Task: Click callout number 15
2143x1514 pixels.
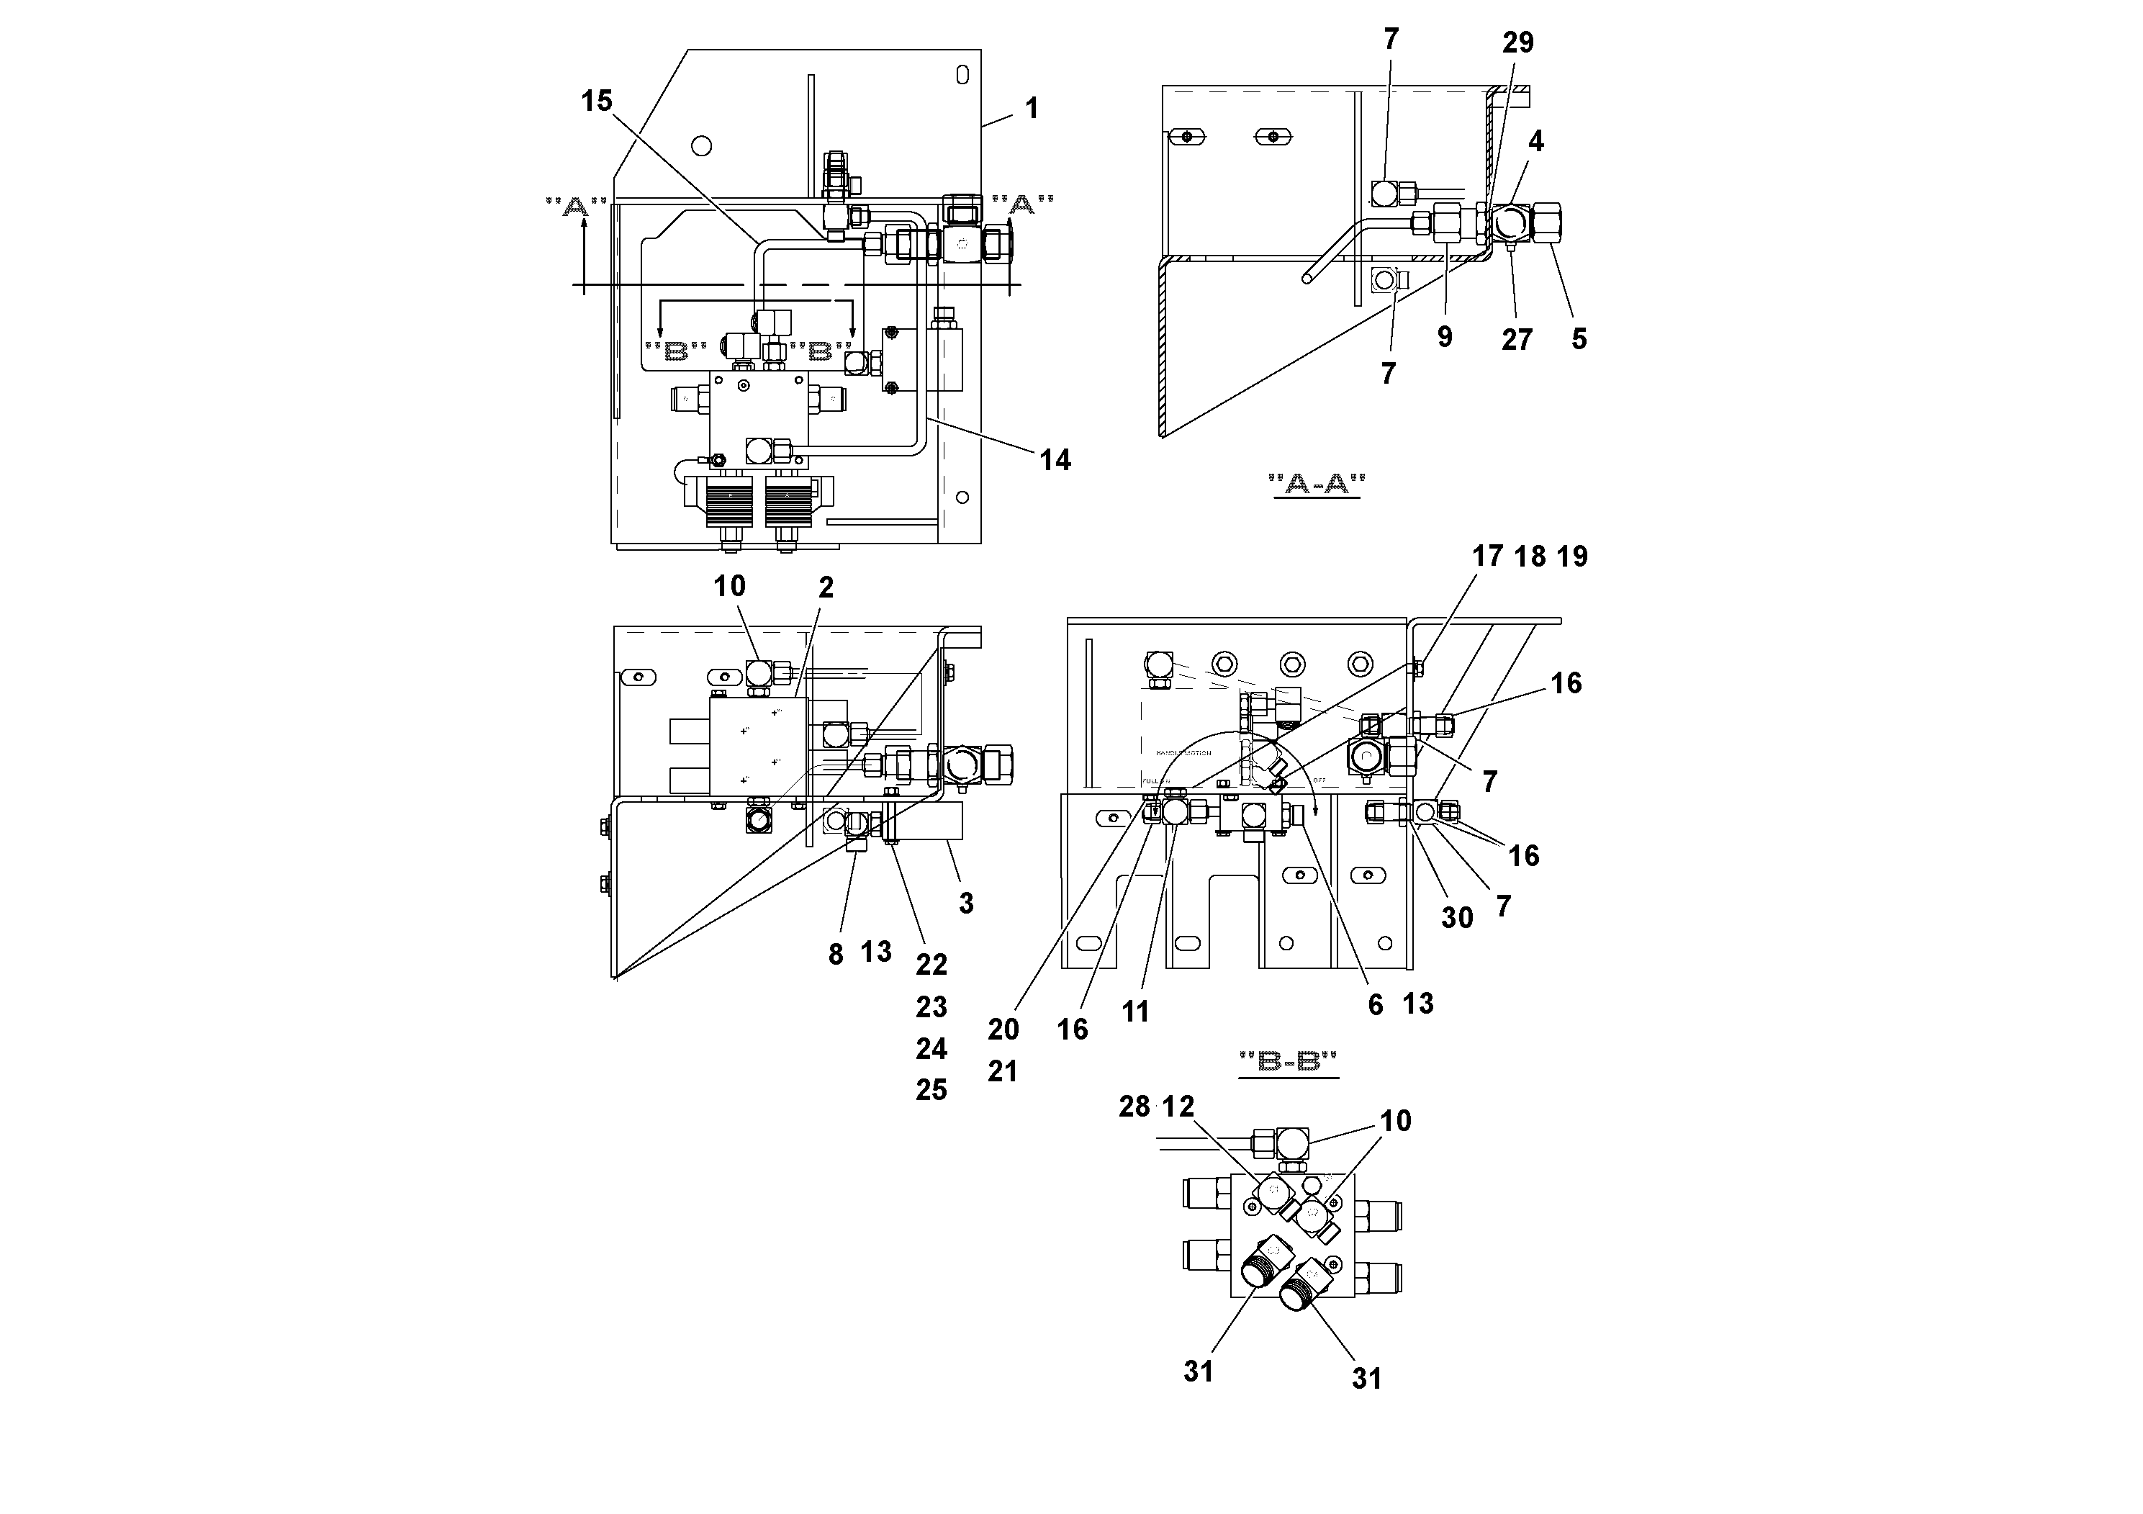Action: click(x=597, y=101)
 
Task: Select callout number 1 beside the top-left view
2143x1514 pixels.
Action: click(x=1032, y=108)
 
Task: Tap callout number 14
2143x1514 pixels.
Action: click(x=1055, y=459)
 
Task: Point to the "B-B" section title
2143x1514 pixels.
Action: click(x=1288, y=1061)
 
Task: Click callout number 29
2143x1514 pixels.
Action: click(x=1517, y=42)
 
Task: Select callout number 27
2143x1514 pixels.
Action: click(x=1517, y=340)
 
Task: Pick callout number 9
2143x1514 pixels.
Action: click(x=1445, y=337)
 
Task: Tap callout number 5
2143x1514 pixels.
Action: click(x=1579, y=339)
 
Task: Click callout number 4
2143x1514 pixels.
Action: click(x=1535, y=141)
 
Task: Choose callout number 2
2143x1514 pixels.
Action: click(x=825, y=587)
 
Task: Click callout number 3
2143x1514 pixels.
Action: click(x=966, y=903)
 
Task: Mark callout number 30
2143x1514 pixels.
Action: click(x=1456, y=918)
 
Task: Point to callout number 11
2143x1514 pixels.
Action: click(x=1135, y=1011)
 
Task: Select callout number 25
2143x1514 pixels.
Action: click(x=931, y=1089)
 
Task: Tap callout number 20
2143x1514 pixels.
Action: click(x=1003, y=1029)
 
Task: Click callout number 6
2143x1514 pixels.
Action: click(x=1375, y=1004)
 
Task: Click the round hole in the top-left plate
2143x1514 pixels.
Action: click(x=702, y=145)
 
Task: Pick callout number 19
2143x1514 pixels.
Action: click(x=1573, y=557)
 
